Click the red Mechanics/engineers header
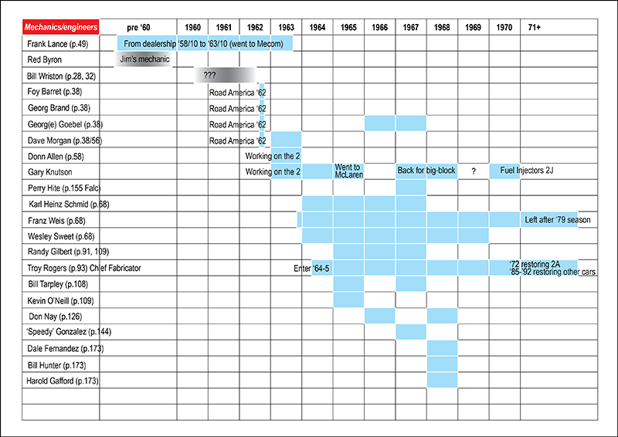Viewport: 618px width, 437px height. pos(60,27)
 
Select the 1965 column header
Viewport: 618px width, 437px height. pos(348,27)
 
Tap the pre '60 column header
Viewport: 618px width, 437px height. pos(138,27)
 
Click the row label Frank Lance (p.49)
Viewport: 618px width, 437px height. pos(56,43)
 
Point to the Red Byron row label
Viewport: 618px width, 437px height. pos(45,59)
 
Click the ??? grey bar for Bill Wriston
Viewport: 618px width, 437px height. pos(224,75)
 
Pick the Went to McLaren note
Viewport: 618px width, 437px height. pos(348,171)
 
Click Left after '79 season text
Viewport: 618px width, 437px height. pos(557,220)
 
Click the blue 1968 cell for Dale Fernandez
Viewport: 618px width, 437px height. pos(442,348)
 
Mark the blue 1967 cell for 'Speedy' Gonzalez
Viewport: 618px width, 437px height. pos(410,332)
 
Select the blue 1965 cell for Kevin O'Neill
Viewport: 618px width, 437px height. pos(348,300)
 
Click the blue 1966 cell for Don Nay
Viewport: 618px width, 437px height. pos(379,316)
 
